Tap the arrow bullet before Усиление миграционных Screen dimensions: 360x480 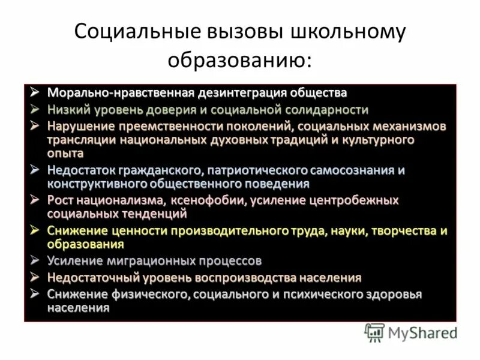(36, 260)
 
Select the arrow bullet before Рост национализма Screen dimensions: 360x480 (36, 199)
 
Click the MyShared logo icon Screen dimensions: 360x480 (374, 331)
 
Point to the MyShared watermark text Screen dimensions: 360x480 (422, 332)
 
